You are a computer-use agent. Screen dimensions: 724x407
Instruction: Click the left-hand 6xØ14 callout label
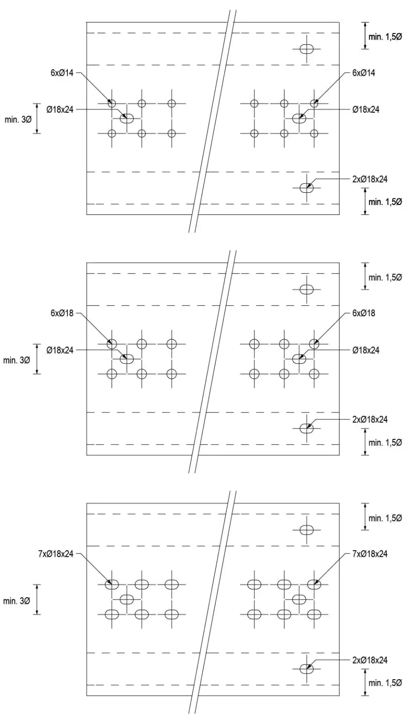point(62,73)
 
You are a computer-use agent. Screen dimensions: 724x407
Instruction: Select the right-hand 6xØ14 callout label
point(363,73)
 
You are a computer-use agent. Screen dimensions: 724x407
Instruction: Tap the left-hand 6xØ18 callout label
point(62,313)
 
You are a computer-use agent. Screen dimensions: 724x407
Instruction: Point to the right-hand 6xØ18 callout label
point(363,313)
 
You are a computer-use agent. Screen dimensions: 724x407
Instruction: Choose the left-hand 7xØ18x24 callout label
point(56,554)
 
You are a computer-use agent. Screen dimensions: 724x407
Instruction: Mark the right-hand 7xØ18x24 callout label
point(370,554)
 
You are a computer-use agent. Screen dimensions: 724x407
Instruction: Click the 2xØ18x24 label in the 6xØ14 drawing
point(370,179)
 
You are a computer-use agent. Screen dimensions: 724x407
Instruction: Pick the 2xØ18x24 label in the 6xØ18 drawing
point(370,420)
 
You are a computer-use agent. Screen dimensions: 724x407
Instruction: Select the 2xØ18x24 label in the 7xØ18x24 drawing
point(370,660)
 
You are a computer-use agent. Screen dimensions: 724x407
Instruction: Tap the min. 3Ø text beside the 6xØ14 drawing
point(18,119)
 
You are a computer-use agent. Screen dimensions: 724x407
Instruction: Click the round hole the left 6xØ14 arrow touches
point(112,103)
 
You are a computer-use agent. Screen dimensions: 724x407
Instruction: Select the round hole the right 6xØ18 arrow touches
point(314,344)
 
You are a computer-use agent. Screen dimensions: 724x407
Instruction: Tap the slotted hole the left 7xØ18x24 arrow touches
point(112,584)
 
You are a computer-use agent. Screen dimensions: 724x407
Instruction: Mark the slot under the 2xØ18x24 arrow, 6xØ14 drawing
point(307,188)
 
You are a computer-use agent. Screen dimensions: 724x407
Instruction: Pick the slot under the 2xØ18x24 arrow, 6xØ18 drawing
point(307,428)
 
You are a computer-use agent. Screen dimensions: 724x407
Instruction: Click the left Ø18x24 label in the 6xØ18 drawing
point(60,350)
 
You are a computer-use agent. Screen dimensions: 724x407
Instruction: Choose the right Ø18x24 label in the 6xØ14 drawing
point(366,109)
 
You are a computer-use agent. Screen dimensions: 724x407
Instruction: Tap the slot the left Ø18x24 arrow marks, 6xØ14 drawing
point(127,118)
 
